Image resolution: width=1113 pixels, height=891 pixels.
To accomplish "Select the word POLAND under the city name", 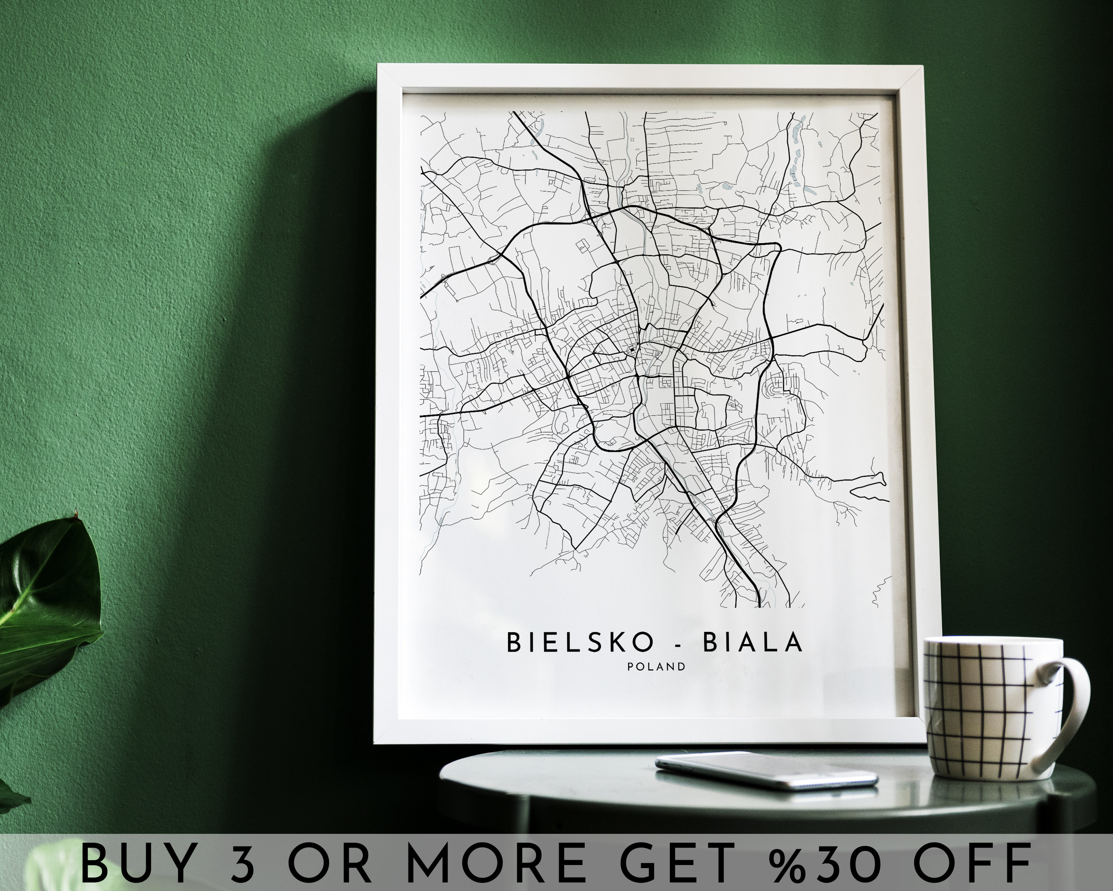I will tap(657, 667).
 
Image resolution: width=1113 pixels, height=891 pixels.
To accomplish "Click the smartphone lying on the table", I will tap(766, 769).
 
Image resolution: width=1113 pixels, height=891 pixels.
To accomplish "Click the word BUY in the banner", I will tap(137, 862).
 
